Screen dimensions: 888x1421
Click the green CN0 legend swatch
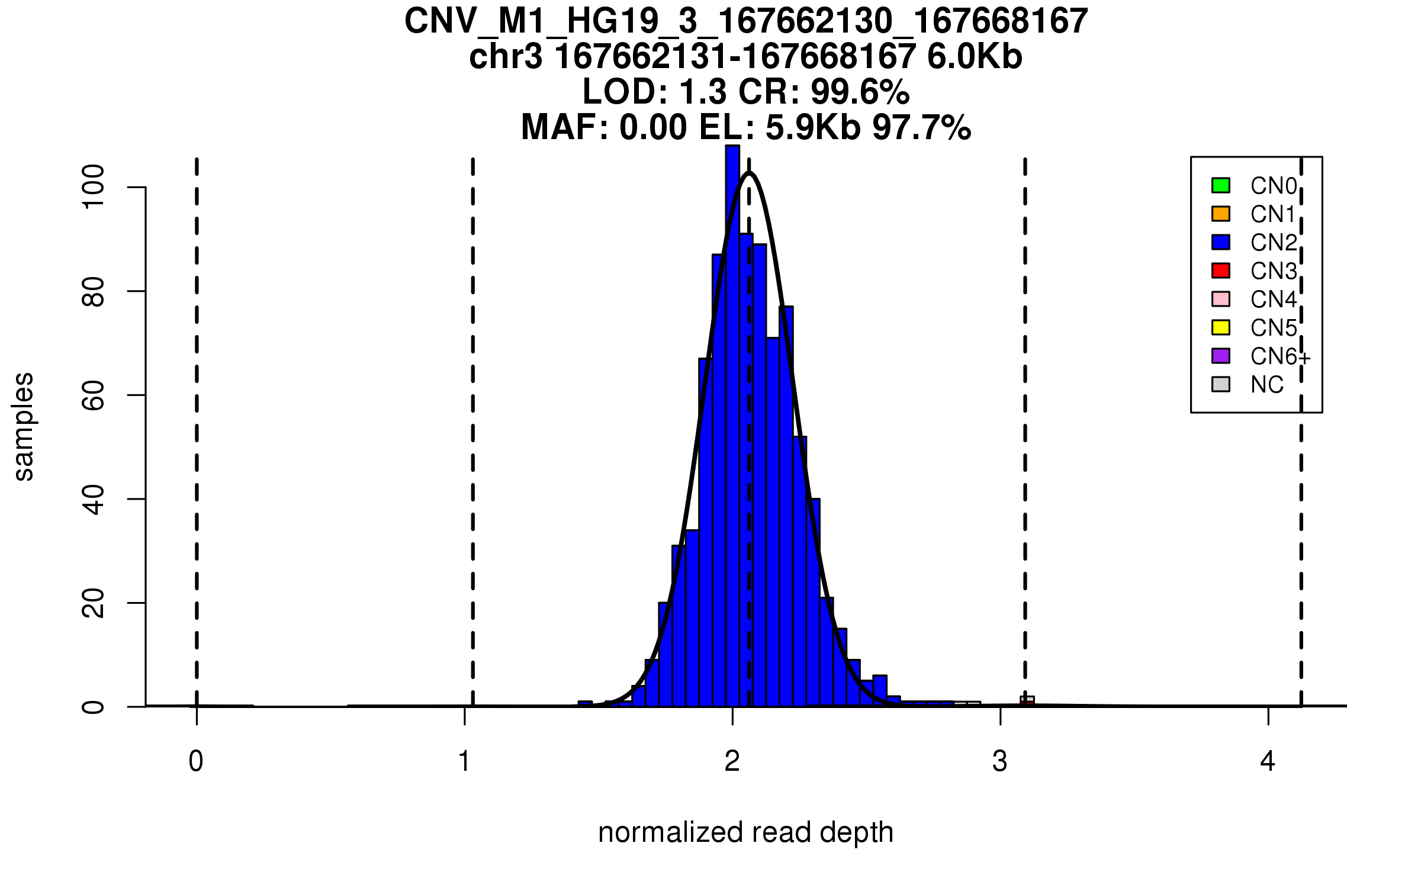point(1221,185)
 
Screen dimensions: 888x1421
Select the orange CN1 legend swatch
point(1221,214)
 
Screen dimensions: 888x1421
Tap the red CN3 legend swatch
point(1221,271)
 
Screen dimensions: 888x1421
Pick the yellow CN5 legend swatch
point(1221,327)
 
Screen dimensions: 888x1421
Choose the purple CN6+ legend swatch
point(1221,356)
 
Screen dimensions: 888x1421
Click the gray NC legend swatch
point(1221,384)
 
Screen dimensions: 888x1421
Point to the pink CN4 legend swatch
point(1221,299)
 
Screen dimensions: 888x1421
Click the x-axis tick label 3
point(1000,761)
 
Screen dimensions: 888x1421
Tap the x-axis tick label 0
point(196,761)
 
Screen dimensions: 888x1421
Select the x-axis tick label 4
point(1268,761)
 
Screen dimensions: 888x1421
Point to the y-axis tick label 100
point(94,187)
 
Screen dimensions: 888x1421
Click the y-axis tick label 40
point(94,499)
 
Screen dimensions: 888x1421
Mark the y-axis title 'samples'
point(24,426)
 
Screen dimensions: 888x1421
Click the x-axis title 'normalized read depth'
point(745,832)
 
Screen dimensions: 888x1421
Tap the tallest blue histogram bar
point(732,414)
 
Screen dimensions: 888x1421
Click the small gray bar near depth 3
point(1027,701)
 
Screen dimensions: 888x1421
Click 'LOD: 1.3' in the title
point(653,92)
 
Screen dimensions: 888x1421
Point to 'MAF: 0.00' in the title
point(604,127)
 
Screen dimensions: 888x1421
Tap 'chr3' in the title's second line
point(506,57)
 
